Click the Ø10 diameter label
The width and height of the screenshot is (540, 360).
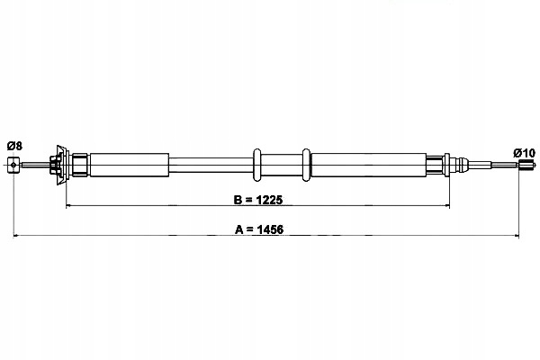525,152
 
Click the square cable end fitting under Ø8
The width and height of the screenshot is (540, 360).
13,164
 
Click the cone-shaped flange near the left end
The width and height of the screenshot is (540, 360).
61,164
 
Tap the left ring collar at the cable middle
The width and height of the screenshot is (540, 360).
257,164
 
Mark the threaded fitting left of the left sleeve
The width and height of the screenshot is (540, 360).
79,164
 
